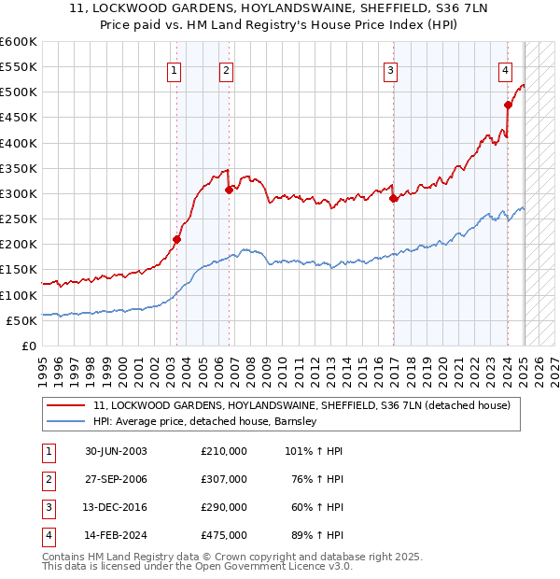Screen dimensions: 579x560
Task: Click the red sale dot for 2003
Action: click(177, 239)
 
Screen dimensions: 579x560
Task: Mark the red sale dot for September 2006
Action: click(229, 190)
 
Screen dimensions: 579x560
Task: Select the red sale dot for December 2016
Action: click(393, 198)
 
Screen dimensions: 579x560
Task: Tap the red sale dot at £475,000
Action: click(508, 105)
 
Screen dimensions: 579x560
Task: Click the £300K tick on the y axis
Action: click(19, 193)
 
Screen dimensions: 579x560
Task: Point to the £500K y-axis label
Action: click(19, 92)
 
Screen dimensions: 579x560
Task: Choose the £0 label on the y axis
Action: click(29, 346)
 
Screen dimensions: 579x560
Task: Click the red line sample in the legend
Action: click(64, 406)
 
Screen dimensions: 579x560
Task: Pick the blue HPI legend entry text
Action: click(205, 421)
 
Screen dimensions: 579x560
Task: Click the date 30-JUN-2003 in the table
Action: click(116, 451)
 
